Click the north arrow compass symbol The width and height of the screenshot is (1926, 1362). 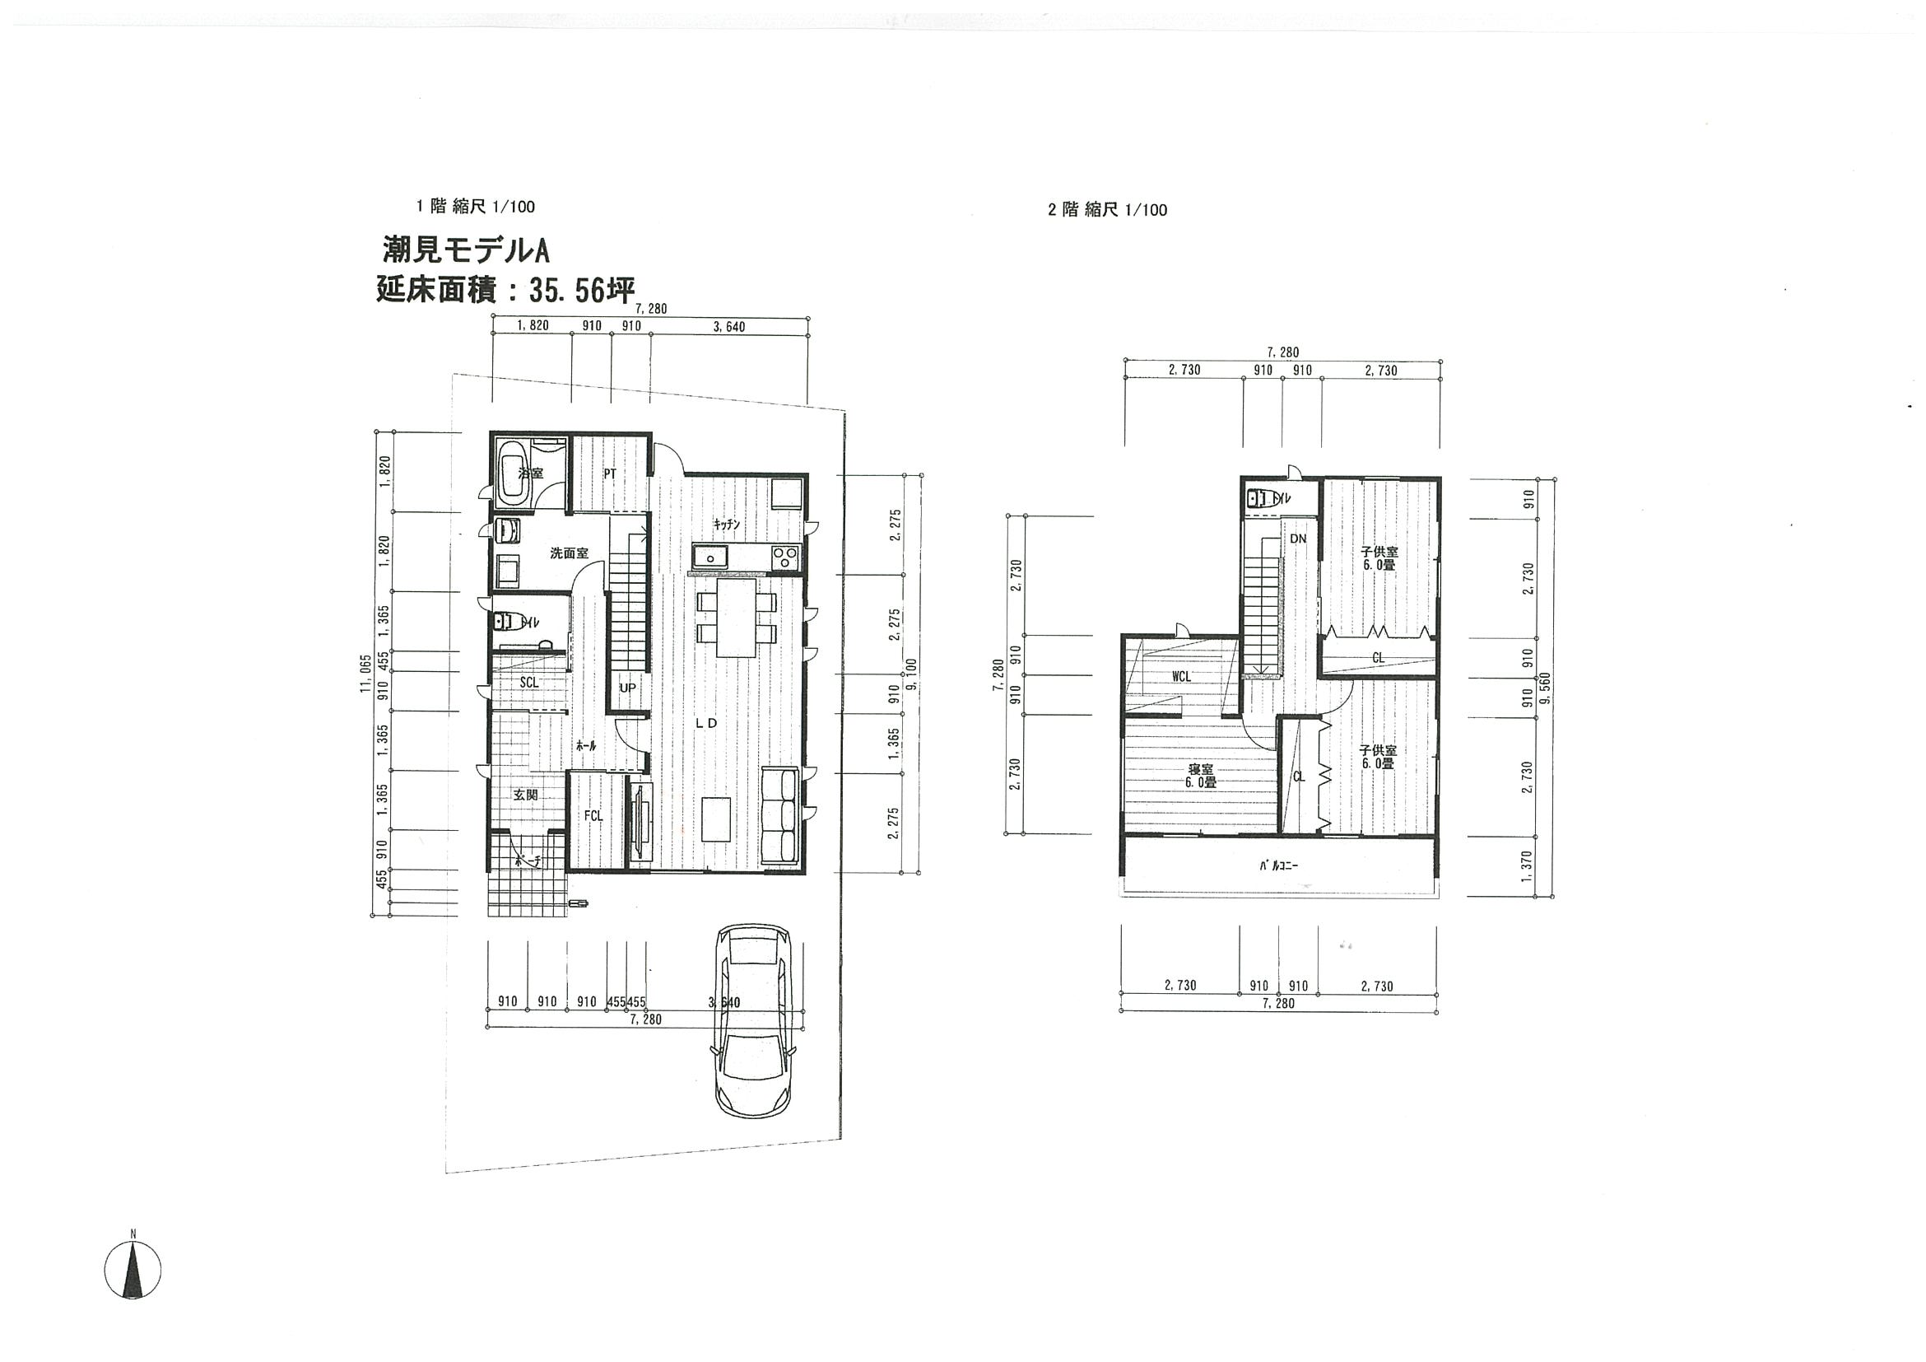point(133,1270)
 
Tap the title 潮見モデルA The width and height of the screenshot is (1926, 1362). point(466,250)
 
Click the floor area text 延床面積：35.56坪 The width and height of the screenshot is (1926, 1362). point(505,291)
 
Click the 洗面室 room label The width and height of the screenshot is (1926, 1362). point(569,554)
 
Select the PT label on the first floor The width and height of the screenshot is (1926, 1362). point(610,474)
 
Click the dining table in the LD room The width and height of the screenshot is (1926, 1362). point(737,618)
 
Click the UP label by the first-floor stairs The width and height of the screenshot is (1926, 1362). point(627,688)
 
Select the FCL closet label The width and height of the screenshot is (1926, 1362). point(593,816)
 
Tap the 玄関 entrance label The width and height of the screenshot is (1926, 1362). point(525,794)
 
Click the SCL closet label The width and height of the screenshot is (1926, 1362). point(528,683)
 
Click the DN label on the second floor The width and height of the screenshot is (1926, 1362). point(1298,539)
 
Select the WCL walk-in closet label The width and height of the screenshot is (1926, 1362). point(1181,675)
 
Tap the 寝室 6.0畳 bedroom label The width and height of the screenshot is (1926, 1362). point(1199,776)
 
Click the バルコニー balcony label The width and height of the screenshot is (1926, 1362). point(1277,867)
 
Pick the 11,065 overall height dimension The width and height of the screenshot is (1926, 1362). point(365,674)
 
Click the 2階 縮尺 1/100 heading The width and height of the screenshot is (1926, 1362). point(1106,210)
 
